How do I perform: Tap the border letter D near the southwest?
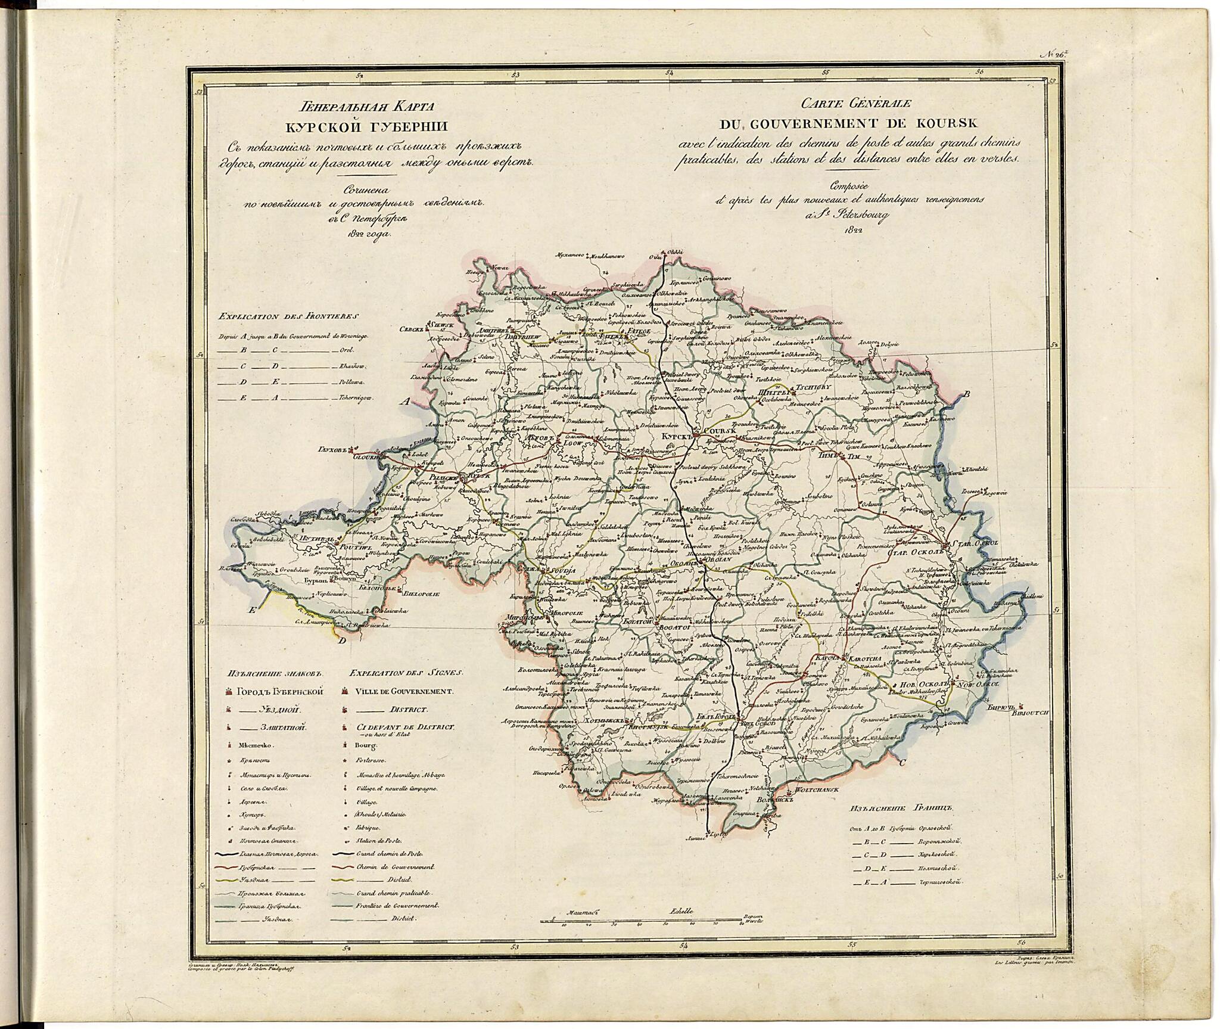point(341,642)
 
